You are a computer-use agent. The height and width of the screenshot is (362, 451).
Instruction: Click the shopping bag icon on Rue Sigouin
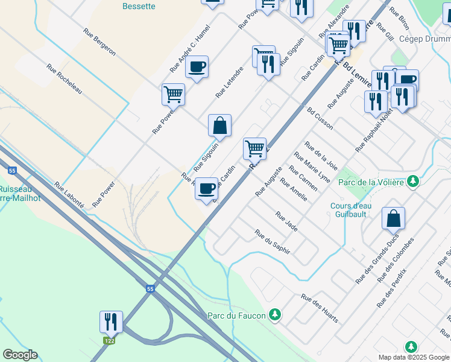pos(220,125)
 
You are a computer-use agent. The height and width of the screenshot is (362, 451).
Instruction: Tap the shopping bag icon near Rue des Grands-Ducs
pos(393,218)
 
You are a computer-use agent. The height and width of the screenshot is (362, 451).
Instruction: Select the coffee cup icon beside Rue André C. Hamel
pos(197,67)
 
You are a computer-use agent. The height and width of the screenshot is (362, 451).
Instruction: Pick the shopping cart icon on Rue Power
pos(173,94)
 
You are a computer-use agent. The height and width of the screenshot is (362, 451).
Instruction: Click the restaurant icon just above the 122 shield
pos(111,321)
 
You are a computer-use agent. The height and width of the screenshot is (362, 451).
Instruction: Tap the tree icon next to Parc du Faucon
pos(275,314)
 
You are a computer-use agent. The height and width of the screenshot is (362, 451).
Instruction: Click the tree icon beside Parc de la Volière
pos(413,181)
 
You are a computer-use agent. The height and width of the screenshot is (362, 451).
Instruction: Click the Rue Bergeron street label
pos(99,45)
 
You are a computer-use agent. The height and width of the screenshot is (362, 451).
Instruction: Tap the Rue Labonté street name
pos(69,195)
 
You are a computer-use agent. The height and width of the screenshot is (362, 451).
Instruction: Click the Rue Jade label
pos(286,221)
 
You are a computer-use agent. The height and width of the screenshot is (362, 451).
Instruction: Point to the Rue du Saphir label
pos(272,241)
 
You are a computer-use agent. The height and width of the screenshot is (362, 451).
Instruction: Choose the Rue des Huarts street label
pos(320,308)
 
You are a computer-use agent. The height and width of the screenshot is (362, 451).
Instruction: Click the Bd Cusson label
pos(320,118)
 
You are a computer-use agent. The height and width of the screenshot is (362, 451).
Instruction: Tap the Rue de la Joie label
pos(321,156)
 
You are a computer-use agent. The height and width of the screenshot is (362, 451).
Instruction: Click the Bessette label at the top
pos(139,7)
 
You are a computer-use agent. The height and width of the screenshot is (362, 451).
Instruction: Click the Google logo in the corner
pos(20,355)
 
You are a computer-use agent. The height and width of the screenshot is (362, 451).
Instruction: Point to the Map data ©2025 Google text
pos(413,357)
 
